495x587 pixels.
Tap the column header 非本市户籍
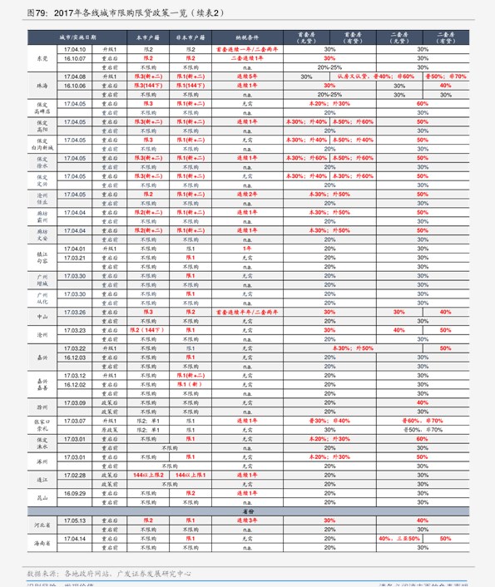click(190, 38)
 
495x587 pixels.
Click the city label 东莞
click(42, 58)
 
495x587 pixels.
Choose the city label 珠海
click(42, 86)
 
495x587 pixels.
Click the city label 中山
click(42, 317)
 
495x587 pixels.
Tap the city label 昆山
click(42, 497)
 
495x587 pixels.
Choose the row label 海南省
click(42, 543)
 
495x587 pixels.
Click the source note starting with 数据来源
click(109, 573)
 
